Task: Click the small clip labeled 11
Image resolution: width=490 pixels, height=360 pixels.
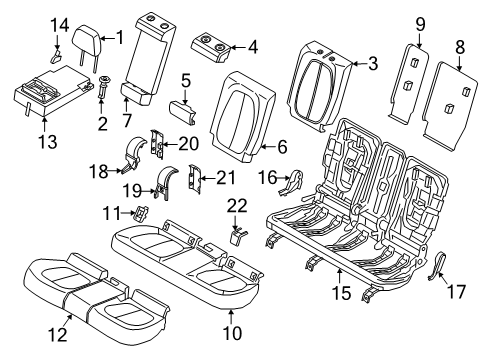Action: (x=141, y=213)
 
